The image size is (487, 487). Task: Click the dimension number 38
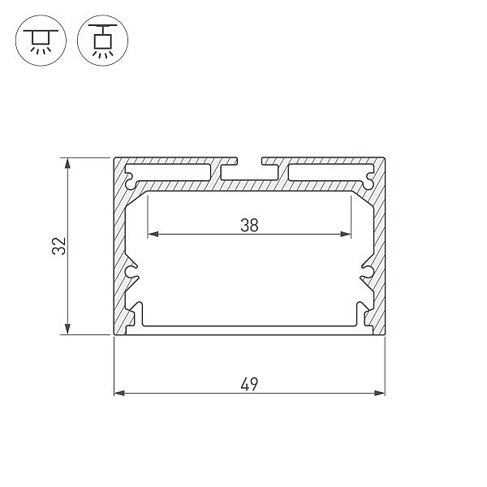point(249,226)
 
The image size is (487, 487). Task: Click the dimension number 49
point(249,384)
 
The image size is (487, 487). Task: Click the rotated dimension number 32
point(59,246)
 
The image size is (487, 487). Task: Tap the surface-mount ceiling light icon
point(41,41)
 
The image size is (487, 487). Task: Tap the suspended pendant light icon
point(102,41)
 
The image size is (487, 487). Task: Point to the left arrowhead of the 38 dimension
point(153,234)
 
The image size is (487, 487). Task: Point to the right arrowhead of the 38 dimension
point(346,234)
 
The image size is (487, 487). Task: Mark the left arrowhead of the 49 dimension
point(119,393)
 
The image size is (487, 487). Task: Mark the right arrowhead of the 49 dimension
point(380,393)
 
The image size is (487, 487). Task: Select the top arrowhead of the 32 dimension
point(67,163)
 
